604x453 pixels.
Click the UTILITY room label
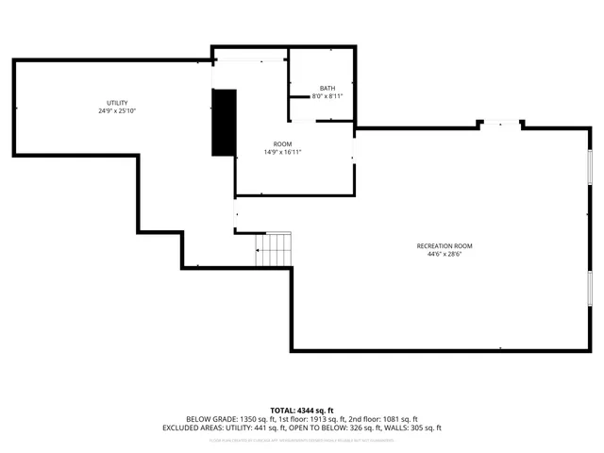pyautogui.click(x=117, y=103)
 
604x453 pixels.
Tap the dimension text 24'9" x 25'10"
pyautogui.click(x=117, y=111)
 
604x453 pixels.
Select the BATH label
pyautogui.click(x=327, y=88)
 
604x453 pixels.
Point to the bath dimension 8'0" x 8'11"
pyautogui.click(x=327, y=96)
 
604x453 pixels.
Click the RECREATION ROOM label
pyautogui.click(x=445, y=246)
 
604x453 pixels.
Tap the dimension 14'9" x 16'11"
pyautogui.click(x=282, y=152)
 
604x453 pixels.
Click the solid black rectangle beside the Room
pyautogui.click(x=224, y=123)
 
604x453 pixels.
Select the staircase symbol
pyautogui.click(x=276, y=249)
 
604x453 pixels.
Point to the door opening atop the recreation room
pyautogui.click(x=501, y=122)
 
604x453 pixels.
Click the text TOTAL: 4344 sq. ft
pyautogui.click(x=302, y=410)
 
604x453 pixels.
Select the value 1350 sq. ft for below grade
pyautogui.click(x=255, y=419)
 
